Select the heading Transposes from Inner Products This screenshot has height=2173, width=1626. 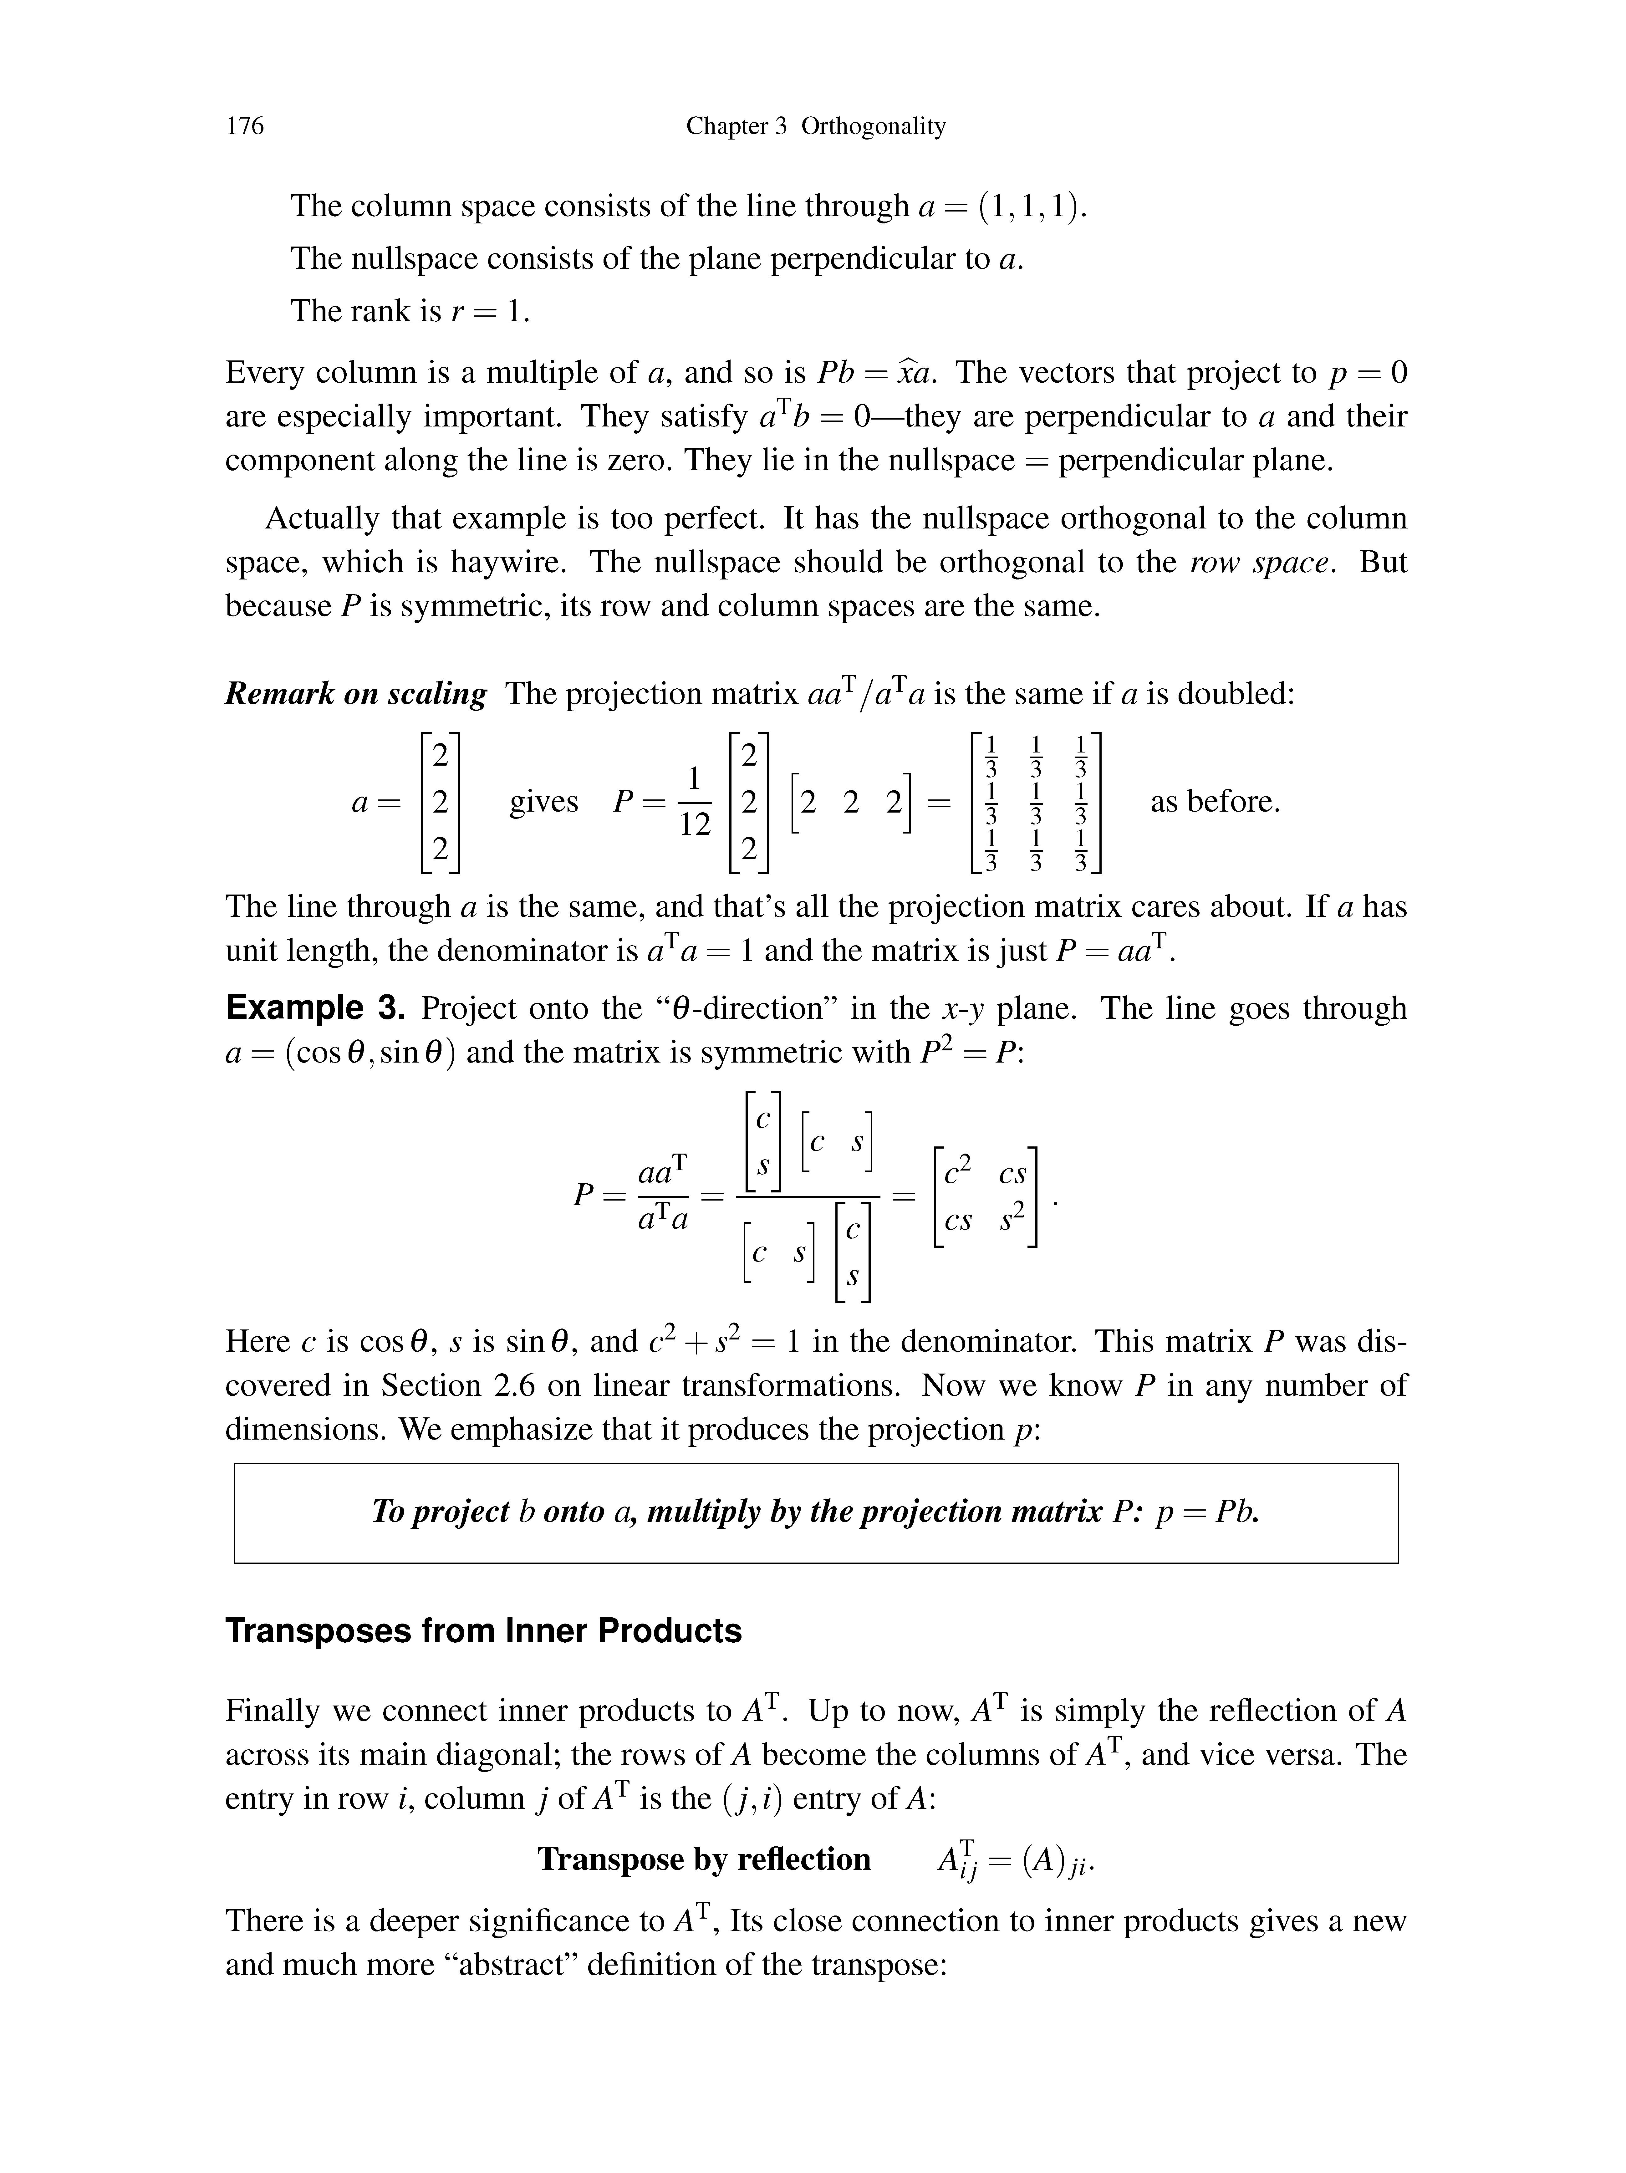(483, 1631)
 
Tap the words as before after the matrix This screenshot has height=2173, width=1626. (1215, 802)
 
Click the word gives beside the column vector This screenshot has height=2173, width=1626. (543, 802)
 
